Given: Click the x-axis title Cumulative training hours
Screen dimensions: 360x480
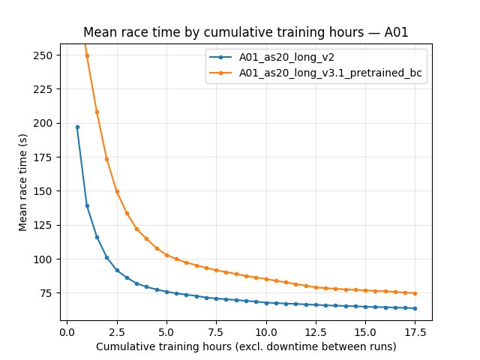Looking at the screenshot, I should point(246,347).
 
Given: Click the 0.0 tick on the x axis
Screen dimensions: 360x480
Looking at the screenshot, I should point(67,331).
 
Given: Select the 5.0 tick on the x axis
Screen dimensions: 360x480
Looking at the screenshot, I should point(166,331).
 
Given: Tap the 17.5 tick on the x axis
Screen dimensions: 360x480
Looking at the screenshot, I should point(415,331).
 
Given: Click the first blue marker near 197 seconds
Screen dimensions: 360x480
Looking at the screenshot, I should point(77,127).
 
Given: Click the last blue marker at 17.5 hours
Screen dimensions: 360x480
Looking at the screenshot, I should point(415,308).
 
